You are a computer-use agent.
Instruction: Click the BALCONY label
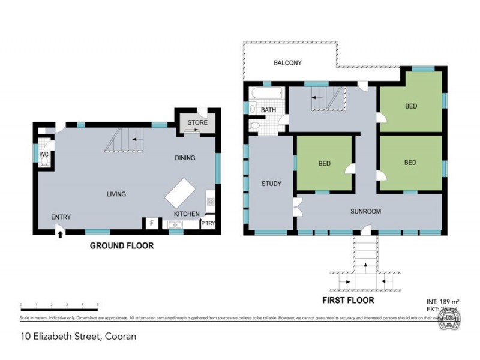tap(287, 63)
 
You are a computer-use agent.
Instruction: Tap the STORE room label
tap(197, 123)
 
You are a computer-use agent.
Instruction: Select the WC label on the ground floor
tap(43, 154)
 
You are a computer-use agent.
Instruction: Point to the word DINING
tap(185, 158)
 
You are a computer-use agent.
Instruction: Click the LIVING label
tap(116, 194)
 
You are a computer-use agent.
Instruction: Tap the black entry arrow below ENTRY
tap(59, 235)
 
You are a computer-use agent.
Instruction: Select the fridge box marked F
tap(152, 224)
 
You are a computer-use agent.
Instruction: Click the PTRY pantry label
tap(208, 224)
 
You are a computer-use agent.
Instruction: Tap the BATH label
tap(268, 110)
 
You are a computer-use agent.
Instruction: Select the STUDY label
tap(271, 184)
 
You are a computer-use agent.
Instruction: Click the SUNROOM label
tap(365, 211)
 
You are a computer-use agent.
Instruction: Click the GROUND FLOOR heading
tap(121, 245)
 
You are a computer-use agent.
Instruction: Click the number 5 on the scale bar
tap(97, 305)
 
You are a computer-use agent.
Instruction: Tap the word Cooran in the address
tap(120, 336)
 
